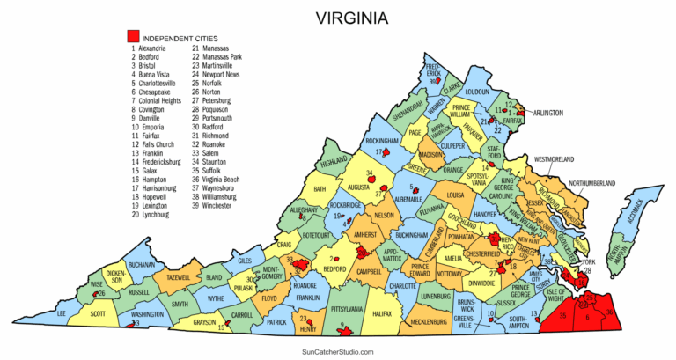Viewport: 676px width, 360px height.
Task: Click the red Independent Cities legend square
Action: point(133,36)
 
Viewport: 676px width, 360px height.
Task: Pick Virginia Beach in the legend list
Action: point(222,179)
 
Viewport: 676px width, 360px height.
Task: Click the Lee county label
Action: point(61,313)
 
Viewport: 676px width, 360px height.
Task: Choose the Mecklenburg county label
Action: point(429,322)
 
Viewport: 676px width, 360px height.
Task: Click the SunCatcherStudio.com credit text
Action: point(338,351)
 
